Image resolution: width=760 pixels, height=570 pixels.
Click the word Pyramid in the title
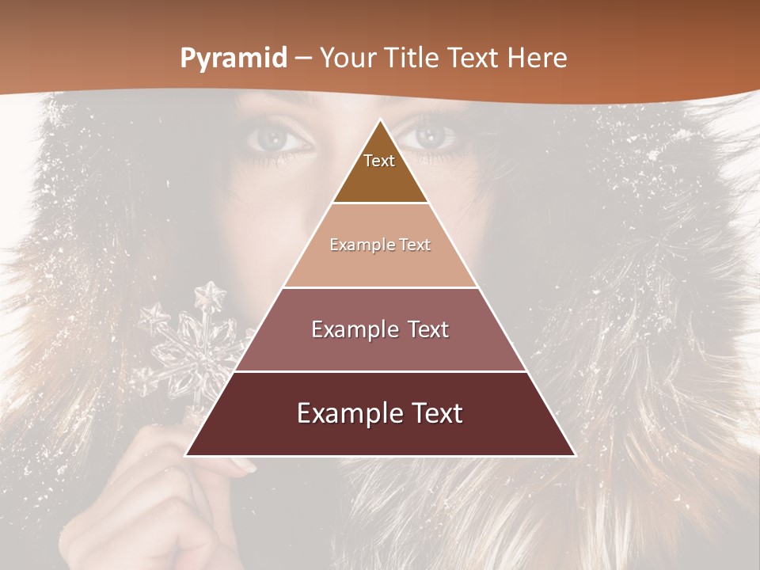(x=233, y=59)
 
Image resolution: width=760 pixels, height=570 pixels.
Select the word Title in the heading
(x=411, y=58)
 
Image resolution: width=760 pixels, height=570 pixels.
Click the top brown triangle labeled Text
(x=379, y=170)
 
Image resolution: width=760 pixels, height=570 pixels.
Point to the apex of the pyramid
(x=380, y=120)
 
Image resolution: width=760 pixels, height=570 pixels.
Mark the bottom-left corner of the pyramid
(x=186, y=455)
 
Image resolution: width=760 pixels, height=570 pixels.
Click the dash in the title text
(x=303, y=59)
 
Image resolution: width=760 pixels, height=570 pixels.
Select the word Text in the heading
(x=477, y=58)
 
